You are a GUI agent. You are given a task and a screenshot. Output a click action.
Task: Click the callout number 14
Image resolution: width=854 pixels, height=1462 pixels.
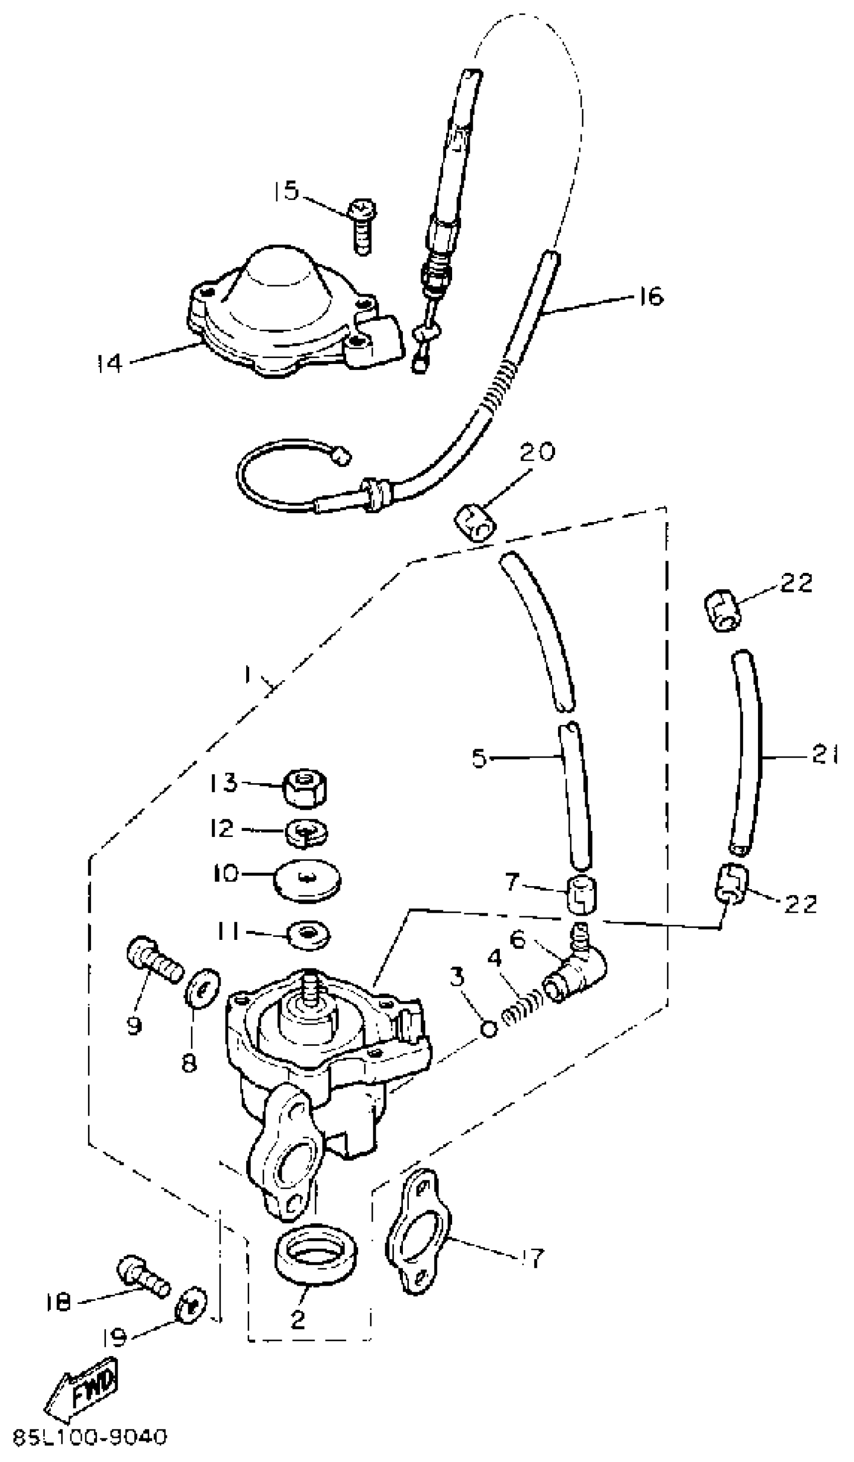(x=109, y=364)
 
